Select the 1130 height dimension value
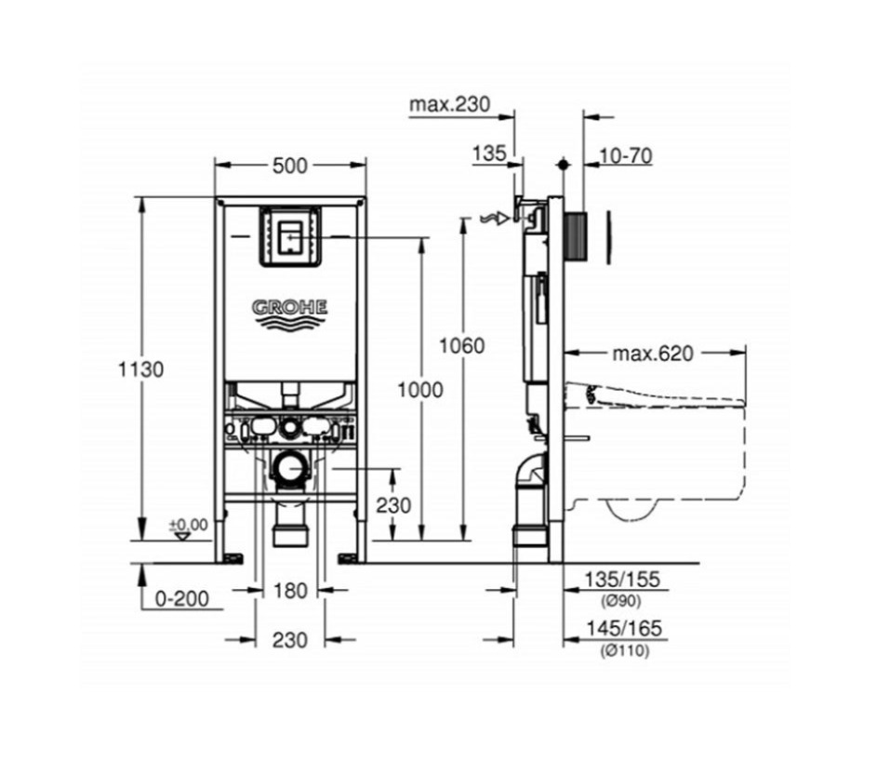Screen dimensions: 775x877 coord(140,368)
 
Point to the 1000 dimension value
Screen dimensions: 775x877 coord(420,391)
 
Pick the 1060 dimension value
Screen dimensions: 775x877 coord(463,346)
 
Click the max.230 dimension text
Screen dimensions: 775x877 coord(449,104)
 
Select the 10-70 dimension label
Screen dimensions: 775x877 coord(624,155)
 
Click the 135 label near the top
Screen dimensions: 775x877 coord(487,154)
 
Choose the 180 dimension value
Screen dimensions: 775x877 coord(289,590)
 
